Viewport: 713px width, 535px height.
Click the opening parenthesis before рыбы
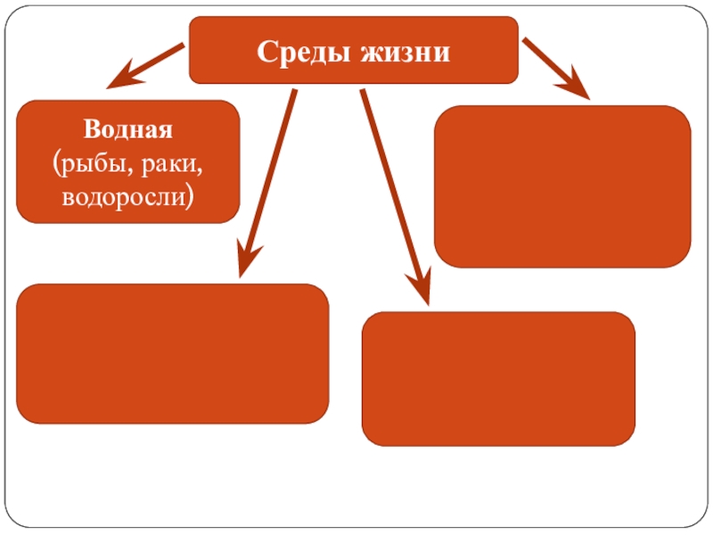click(x=58, y=163)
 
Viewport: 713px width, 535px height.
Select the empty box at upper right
click(x=561, y=185)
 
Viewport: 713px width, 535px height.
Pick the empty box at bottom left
click(x=173, y=353)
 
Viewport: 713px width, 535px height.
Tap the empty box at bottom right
click(x=498, y=378)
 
